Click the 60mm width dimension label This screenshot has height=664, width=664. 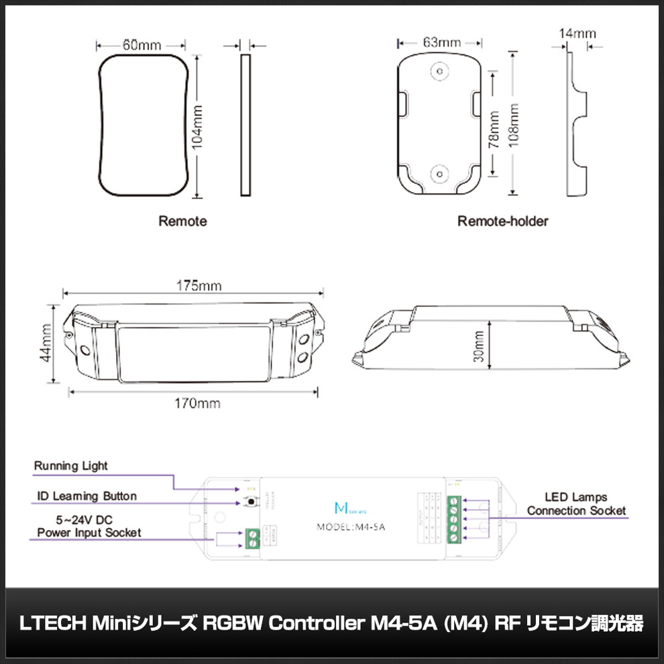pos(142,46)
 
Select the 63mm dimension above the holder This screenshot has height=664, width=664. pos(441,42)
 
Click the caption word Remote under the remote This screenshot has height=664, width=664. pos(182,221)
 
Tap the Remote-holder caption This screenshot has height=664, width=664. pos(502,221)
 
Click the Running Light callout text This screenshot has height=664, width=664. pos(70,465)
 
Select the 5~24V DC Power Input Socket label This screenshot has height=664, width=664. pos(89,526)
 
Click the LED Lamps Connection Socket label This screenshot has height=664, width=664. pos(576,504)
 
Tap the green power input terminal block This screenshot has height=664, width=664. pos(253,538)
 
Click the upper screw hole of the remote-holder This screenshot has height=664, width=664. pos(439,70)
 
